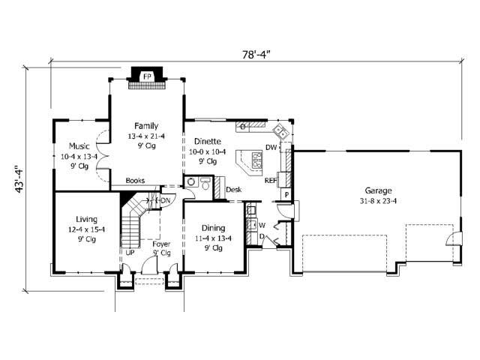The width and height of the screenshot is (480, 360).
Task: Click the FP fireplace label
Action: [147, 76]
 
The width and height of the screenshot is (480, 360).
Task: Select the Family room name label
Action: [146, 125]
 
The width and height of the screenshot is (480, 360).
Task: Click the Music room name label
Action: [79, 145]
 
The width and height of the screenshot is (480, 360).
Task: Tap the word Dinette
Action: [207, 140]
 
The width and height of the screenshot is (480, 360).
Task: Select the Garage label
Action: [379, 190]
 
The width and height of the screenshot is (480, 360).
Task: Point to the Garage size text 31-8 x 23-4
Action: [379, 200]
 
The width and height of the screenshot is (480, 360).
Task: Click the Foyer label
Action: [160, 244]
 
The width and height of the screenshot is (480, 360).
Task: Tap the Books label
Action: [135, 181]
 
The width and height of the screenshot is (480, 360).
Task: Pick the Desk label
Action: [233, 190]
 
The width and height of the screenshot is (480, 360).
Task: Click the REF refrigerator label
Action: [271, 180]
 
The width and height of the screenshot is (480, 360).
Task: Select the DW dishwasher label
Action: [271, 147]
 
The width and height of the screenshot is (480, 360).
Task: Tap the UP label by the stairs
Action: [130, 253]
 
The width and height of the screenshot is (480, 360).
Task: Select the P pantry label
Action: [286, 195]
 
